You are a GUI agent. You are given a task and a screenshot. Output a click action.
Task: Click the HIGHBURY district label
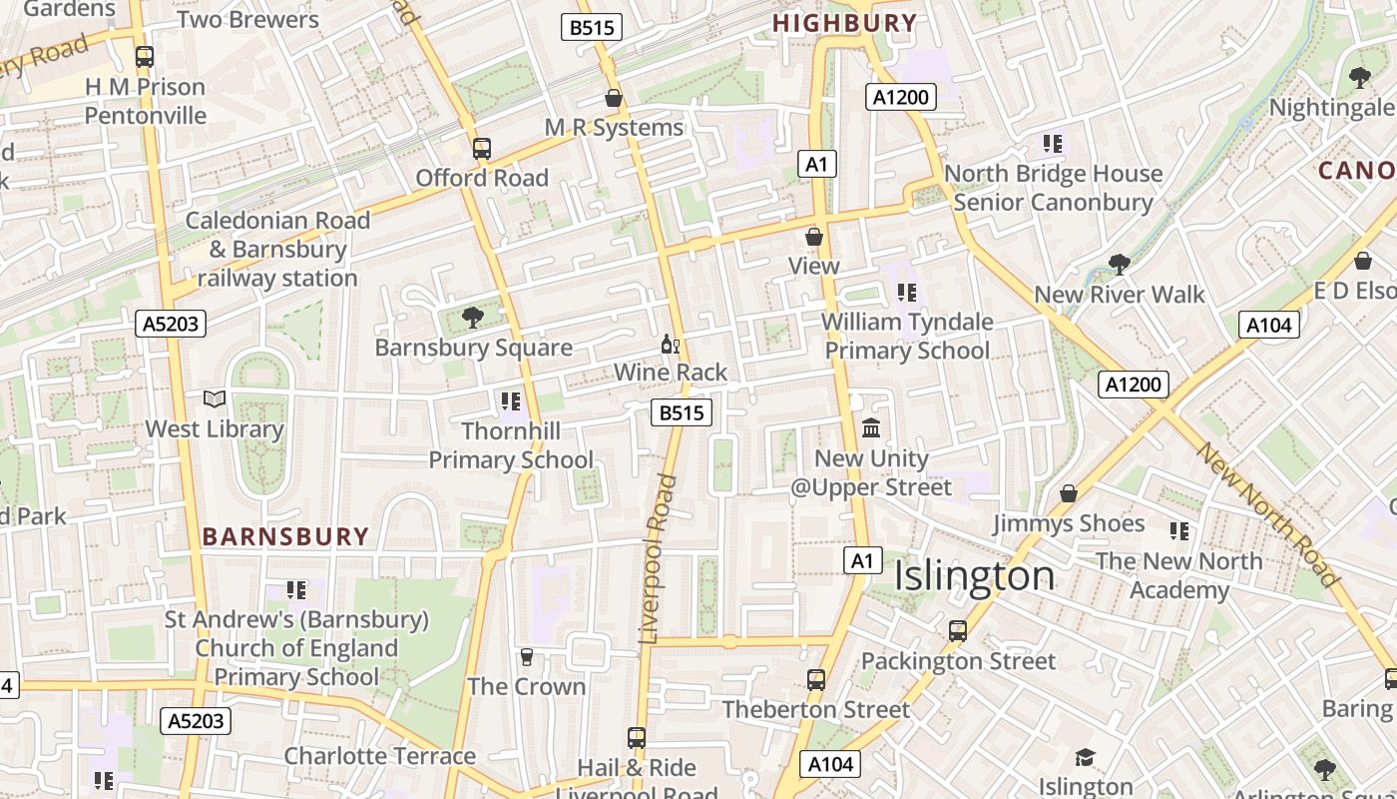point(844,23)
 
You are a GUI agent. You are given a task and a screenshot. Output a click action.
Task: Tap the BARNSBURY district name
point(286,536)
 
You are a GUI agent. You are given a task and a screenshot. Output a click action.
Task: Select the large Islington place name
point(974,576)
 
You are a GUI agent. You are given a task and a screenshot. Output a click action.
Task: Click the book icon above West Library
point(215,399)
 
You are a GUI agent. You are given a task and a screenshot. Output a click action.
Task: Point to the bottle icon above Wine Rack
point(671,345)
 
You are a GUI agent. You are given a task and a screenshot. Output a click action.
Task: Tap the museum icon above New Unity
point(871,428)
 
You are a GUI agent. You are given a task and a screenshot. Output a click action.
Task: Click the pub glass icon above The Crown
point(527,657)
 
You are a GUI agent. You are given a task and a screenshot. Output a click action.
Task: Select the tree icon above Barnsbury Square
point(472,319)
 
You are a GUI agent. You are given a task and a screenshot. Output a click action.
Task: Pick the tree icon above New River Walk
point(1120,265)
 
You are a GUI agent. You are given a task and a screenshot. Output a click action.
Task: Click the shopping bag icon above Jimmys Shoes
point(1069,493)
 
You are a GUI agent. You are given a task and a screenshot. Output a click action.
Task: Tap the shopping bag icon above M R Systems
point(614,98)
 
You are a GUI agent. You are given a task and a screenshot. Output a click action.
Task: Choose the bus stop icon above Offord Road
point(482,149)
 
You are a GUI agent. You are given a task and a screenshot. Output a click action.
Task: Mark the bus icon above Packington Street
point(958,631)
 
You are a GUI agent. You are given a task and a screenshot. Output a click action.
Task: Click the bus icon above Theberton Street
point(816,680)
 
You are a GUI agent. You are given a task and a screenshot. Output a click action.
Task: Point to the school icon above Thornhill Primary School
point(511,401)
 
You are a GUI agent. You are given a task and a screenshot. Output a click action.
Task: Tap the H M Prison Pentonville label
point(146,101)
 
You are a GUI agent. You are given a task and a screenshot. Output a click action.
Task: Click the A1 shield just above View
point(816,165)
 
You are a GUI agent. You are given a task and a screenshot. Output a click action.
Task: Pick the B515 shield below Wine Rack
point(682,412)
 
